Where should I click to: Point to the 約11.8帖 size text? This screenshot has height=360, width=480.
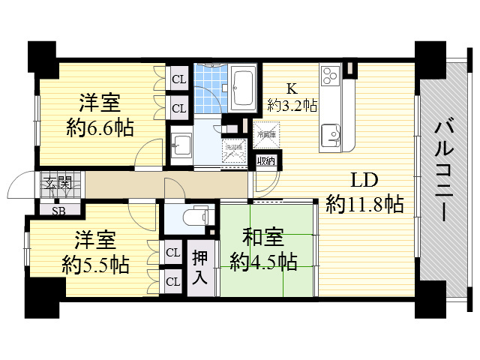365,203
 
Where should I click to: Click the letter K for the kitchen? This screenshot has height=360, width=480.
292,87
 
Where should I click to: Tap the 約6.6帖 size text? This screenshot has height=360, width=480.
98,127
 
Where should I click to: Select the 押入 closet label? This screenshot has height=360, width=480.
199,268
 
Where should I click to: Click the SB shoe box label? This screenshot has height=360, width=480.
58,211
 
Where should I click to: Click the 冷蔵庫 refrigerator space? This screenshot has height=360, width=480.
266,134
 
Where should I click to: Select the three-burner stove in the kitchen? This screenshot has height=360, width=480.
331,76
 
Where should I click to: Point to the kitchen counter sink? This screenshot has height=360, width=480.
331,135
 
